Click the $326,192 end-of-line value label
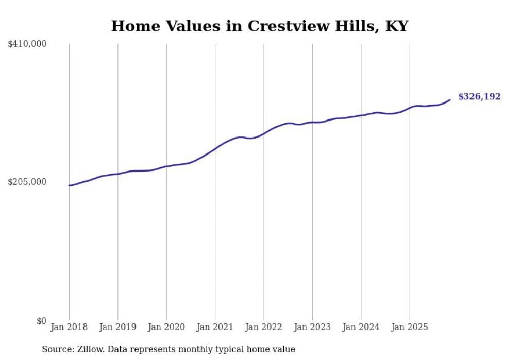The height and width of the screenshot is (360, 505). coord(479,97)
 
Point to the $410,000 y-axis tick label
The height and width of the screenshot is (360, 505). coord(27,44)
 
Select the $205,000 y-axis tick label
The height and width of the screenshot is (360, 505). coord(27,182)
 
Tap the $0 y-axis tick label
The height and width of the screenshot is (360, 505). coord(41,321)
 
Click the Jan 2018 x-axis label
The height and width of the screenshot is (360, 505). coord(69,327)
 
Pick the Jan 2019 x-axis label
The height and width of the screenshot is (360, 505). coord(117,327)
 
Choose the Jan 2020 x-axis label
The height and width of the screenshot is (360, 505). coord(166,327)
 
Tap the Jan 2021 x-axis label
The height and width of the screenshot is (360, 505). coord(215,327)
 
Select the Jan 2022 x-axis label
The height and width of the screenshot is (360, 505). coord(264,327)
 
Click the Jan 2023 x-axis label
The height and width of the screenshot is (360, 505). coord(312,327)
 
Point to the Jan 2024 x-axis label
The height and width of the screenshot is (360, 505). coord(361,327)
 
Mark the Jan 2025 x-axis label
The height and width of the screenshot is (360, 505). coord(410,327)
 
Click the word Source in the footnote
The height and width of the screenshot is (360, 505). coord(56,349)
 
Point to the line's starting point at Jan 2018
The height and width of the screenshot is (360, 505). coord(69,185)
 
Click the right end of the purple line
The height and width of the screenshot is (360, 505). coord(450,100)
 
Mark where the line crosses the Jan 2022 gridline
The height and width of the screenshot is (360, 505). coord(264,134)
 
